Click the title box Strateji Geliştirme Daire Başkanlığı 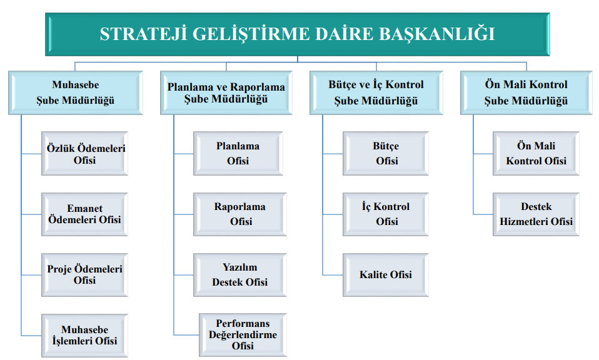pyautogui.click(x=298, y=34)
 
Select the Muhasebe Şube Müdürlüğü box pyautogui.click(x=76, y=92)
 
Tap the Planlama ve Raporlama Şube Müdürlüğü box pyautogui.click(x=226, y=92)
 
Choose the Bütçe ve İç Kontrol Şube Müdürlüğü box pyautogui.click(x=376, y=92)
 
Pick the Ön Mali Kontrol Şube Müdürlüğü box pyautogui.click(x=526, y=92)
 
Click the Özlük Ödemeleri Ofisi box pyautogui.click(x=84, y=154)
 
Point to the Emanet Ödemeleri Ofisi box pyautogui.click(x=84, y=214)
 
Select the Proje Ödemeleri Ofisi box pyautogui.click(x=84, y=275)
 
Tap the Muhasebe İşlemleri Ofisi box pyautogui.click(x=84, y=336)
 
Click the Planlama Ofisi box pyautogui.click(x=238, y=154)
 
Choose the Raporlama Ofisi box pyautogui.click(x=240, y=214)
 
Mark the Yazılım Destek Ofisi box pyautogui.click(x=240, y=275)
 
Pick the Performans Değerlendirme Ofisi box pyautogui.click(x=243, y=335)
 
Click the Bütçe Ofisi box pyautogui.click(x=386, y=154)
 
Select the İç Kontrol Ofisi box pyautogui.click(x=386, y=214)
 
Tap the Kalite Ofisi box pyautogui.click(x=386, y=275)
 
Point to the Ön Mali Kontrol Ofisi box pyautogui.click(x=536, y=154)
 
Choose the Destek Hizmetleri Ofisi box pyautogui.click(x=536, y=214)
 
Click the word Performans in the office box pyautogui.click(x=243, y=324)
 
